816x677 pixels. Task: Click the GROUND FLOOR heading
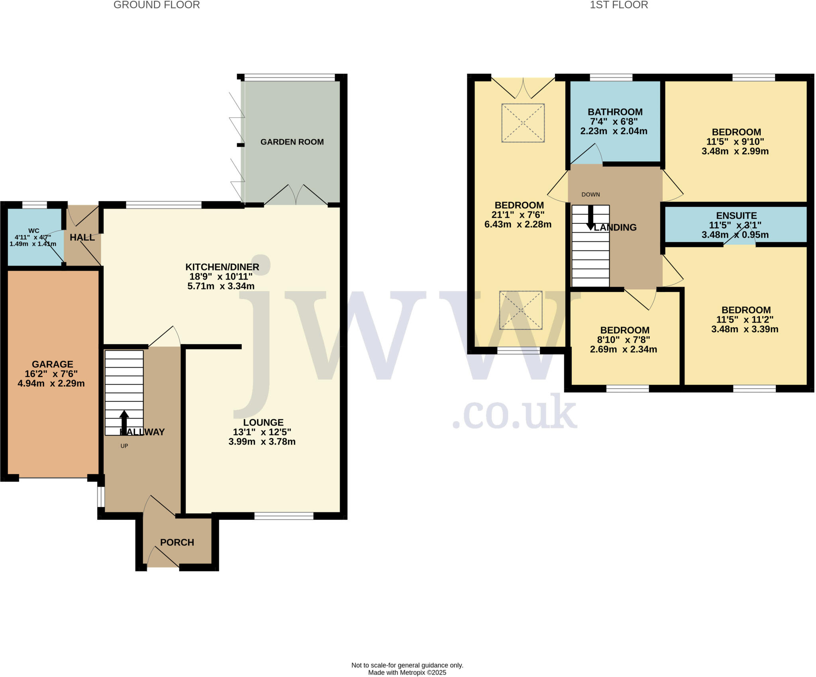(x=157, y=5)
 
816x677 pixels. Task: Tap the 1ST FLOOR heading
(x=619, y=5)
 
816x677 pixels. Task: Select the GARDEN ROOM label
(x=292, y=142)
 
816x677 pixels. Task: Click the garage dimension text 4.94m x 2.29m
(x=51, y=384)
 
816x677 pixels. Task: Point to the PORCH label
(x=177, y=542)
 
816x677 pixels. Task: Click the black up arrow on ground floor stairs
(x=124, y=421)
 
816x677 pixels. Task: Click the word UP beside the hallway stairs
(x=124, y=446)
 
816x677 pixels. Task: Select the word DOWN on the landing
(x=590, y=194)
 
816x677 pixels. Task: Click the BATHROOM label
(x=615, y=112)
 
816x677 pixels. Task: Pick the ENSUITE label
(x=736, y=215)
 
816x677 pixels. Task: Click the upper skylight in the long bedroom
(x=523, y=123)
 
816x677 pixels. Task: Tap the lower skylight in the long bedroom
(x=521, y=310)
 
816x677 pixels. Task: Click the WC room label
(x=34, y=231)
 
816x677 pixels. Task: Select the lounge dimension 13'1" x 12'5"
(x=262, y=432)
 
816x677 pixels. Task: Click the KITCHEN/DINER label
(x=222, y=267)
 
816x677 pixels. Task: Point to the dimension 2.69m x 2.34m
(x=624, y=349)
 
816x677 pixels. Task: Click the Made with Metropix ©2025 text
(x=407, y=673)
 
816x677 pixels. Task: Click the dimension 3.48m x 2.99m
(x=735, y=151)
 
